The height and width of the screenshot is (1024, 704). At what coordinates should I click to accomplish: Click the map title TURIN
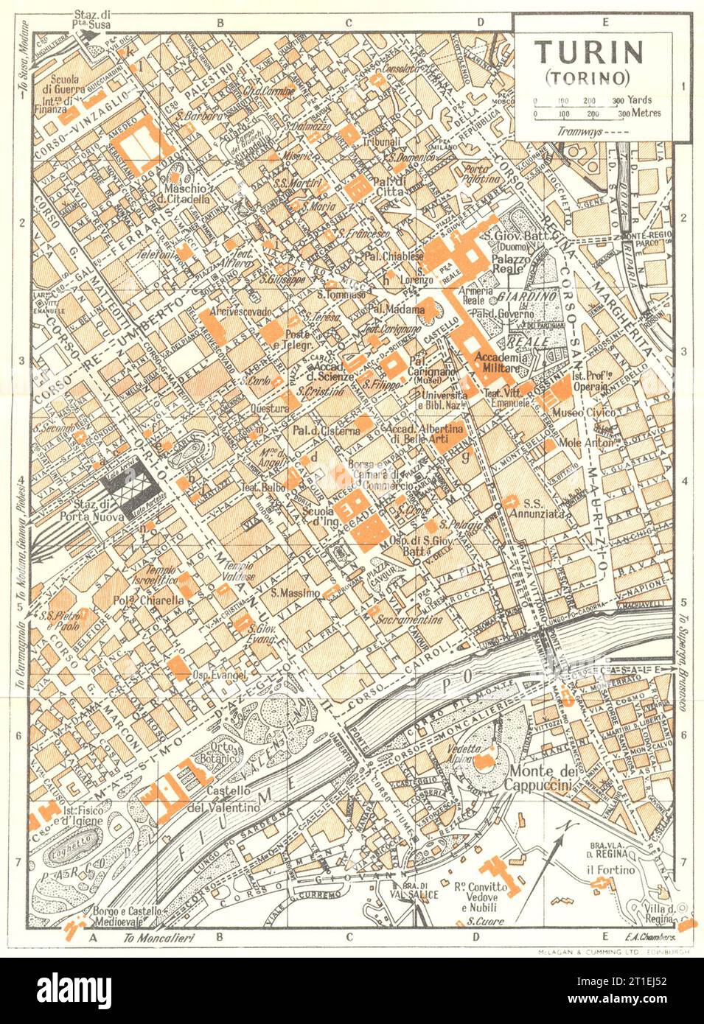point(589,52)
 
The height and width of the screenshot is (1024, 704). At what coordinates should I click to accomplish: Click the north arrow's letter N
point(568,827)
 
